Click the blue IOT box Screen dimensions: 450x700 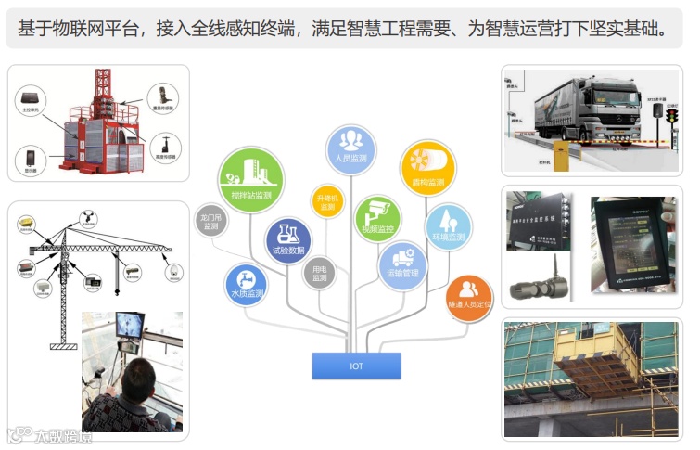356,366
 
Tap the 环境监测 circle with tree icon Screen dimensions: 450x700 449,226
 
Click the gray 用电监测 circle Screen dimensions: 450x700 319,273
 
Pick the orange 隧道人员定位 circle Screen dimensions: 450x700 469,294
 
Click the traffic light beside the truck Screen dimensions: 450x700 671,115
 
